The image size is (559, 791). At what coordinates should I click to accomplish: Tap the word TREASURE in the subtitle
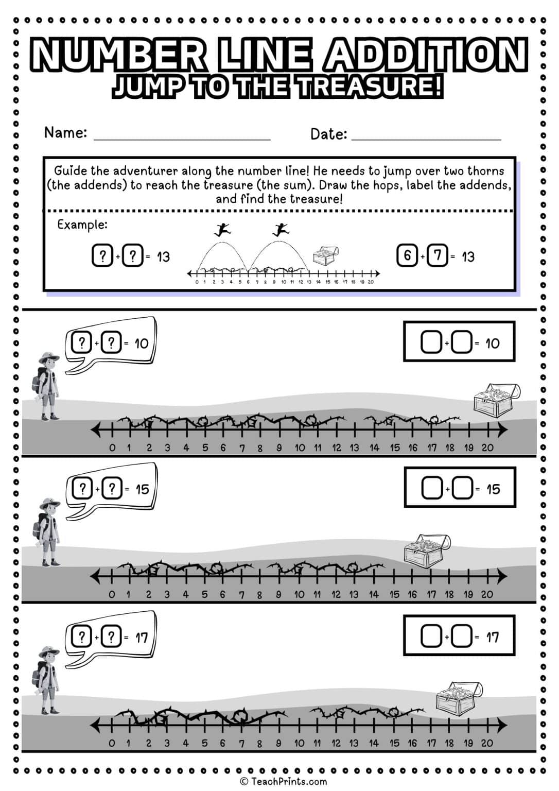click(370, 87)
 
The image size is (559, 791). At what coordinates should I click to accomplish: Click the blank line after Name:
click(182, 135)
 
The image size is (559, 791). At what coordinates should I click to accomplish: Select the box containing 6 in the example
click(407, 256)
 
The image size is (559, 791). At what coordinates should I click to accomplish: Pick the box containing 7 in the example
click(438, 256)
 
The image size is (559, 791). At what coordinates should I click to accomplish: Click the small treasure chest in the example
click(326, 255)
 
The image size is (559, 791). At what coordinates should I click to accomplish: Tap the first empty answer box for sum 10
click(431, 343)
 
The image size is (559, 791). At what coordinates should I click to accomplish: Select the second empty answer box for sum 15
click(462, 489)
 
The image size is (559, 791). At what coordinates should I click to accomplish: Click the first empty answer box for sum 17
click(431, 637)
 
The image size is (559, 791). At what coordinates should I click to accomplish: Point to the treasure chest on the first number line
click(496, 401)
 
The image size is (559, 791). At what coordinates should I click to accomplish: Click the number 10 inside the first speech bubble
click(141, 343)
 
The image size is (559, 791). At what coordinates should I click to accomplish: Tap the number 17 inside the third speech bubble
click(141, 638)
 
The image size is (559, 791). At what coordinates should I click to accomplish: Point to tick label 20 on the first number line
click(487, 448)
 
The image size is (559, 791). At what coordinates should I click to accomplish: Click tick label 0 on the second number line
click(112, 594)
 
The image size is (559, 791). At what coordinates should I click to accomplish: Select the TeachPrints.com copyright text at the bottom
click(283, 782)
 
